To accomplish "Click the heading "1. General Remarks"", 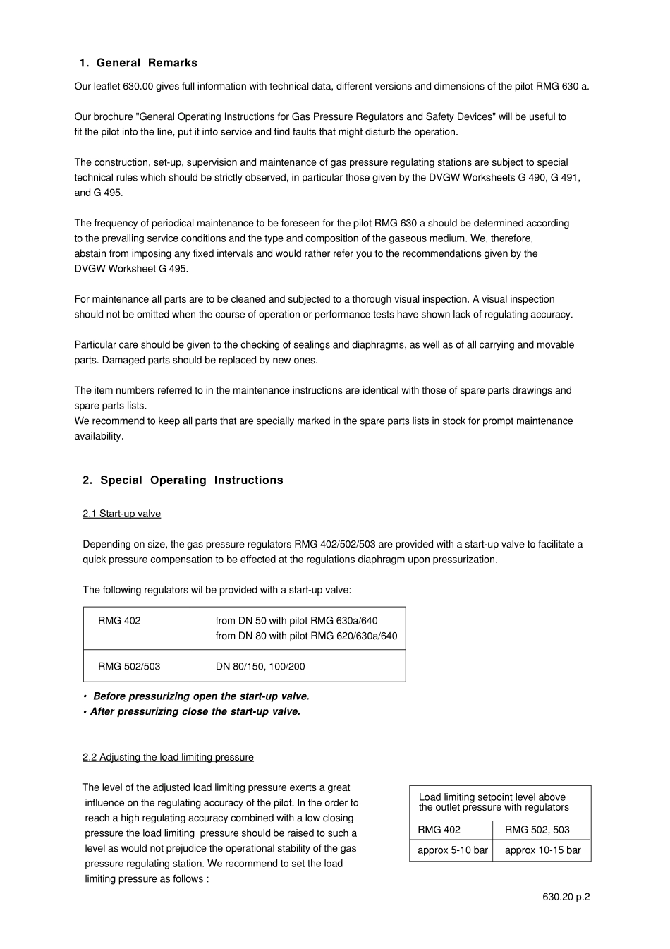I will (x=138, y=63).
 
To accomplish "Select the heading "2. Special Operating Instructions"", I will (x=183, y=480).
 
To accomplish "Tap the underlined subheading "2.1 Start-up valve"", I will (x=121, y=514).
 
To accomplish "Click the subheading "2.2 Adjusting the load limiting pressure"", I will (x=168, y=757).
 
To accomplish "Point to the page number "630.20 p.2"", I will (x=566, y=897).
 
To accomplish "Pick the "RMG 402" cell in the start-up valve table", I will (x=119, y=621).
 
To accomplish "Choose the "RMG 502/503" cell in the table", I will (x=129, y=666).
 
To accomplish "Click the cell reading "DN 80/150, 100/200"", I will (x=260, y=666).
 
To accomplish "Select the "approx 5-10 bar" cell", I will (x=452, y=850).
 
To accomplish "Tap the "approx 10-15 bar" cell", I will (x=542, y=850).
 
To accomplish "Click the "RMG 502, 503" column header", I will (x=537, y=830).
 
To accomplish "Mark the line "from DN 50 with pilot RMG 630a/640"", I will (x=296, y=621).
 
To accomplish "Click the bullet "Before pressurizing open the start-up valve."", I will (x=201, y=696).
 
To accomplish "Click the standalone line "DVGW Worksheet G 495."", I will (x=131, y=269).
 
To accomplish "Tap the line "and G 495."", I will (x=98, y=193).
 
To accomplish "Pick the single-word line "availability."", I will (x=99, y=436).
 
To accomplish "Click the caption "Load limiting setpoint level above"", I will (x=492, y=797).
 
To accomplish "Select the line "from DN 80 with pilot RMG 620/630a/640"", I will (x=306, y=636).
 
